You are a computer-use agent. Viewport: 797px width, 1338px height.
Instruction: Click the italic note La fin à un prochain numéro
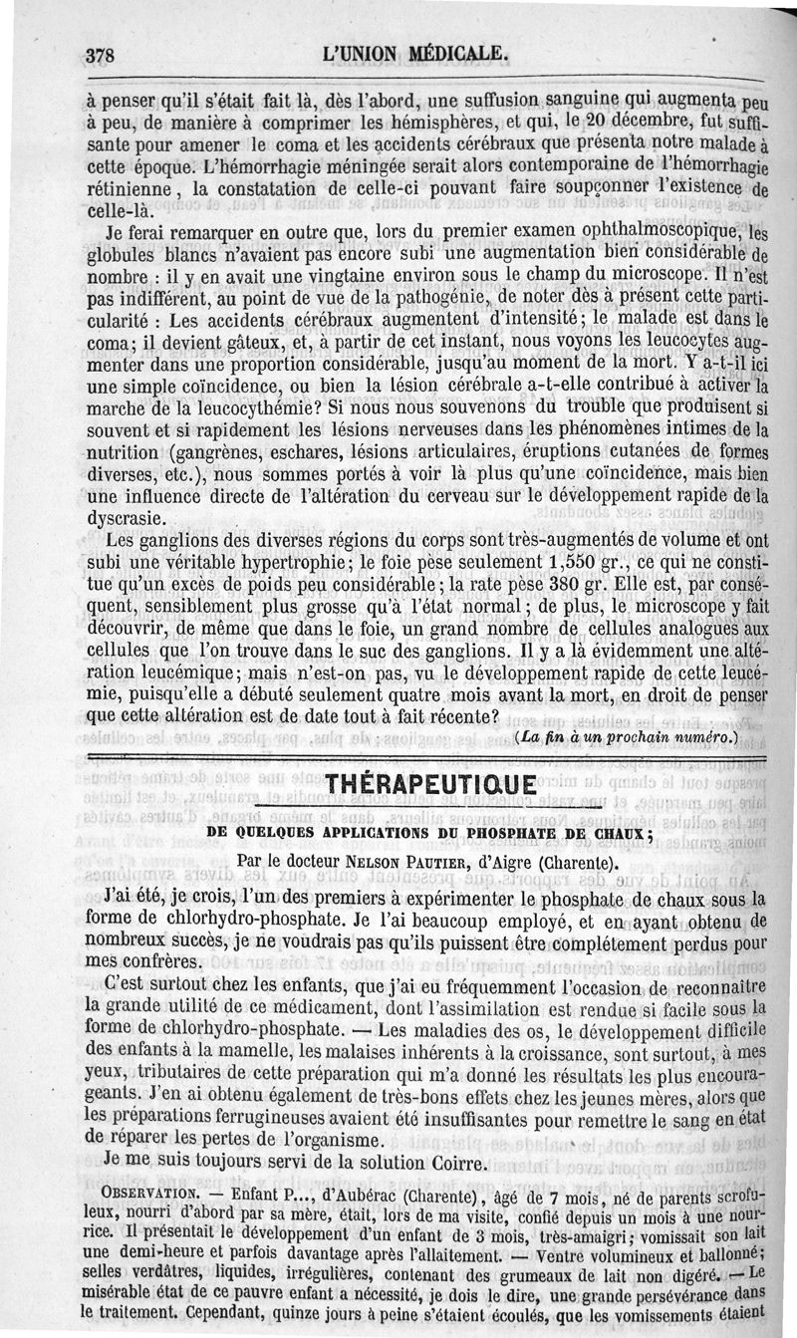628,737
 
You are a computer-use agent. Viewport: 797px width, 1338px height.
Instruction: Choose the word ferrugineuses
288,1116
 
